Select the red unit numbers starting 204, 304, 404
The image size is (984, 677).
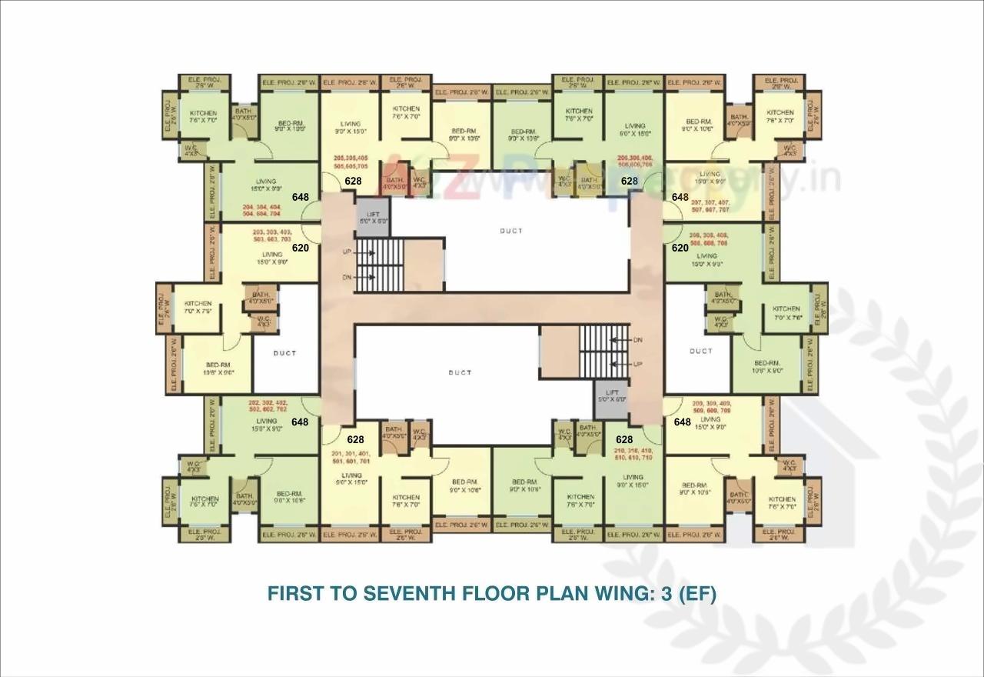coord(261,212)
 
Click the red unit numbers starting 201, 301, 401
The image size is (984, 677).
coord(351,458)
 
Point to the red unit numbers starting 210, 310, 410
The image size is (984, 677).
coord(633,454)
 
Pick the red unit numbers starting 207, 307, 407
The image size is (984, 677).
coord(710,205)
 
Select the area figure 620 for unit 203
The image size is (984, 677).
coord(301,248)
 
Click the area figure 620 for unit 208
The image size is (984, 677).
coord(680,248)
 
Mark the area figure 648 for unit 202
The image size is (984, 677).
coord(301,422)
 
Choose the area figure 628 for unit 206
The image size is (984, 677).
coord(630,182)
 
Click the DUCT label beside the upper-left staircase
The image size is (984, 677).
coord(510,231)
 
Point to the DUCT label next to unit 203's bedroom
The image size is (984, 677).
coord(284,353)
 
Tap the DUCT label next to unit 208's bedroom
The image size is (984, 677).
coord(700,351)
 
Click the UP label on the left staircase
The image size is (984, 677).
coord(347,252)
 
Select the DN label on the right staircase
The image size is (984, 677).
coord(637,339)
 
